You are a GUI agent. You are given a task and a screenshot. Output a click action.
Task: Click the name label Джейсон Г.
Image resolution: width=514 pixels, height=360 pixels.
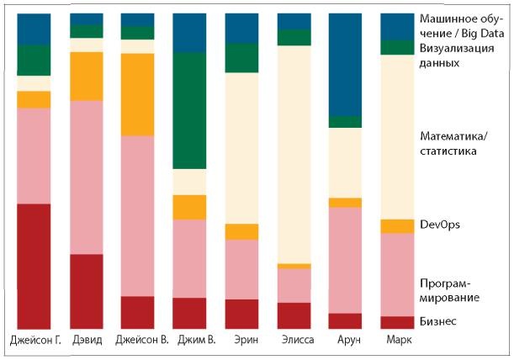click(x=34, y=341)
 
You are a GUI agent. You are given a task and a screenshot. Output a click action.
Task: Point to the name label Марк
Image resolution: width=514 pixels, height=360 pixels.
click(x=398, y=341)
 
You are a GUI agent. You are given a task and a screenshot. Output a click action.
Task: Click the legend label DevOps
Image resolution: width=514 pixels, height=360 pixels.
click(x=439, y=225)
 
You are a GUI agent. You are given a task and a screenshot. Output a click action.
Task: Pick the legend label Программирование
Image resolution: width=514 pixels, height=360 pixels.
click(x=449, y=290)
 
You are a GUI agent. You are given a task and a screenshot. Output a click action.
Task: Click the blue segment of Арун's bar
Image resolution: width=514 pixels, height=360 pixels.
click(x=345, y=64)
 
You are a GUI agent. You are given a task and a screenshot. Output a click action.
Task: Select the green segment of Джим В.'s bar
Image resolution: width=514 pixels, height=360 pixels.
click(x=189, y=110)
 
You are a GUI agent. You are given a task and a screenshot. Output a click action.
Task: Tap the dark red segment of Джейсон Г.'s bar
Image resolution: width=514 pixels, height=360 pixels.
click(x=34, y=266)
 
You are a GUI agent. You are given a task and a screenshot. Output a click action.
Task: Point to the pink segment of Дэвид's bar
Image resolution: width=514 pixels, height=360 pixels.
click(x=86, y=177)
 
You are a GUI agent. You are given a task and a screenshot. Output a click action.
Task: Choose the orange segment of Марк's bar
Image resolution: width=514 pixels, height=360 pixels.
click(x=397, y=226)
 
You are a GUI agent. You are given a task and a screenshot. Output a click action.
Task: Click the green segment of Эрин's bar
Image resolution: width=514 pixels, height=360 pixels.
click(x=241, y=58)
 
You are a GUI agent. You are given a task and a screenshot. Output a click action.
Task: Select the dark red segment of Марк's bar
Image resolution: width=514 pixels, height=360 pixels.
click(x=397, y=322)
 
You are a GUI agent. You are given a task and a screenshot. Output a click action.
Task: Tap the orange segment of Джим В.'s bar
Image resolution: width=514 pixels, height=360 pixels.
click(x=189, y=207)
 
